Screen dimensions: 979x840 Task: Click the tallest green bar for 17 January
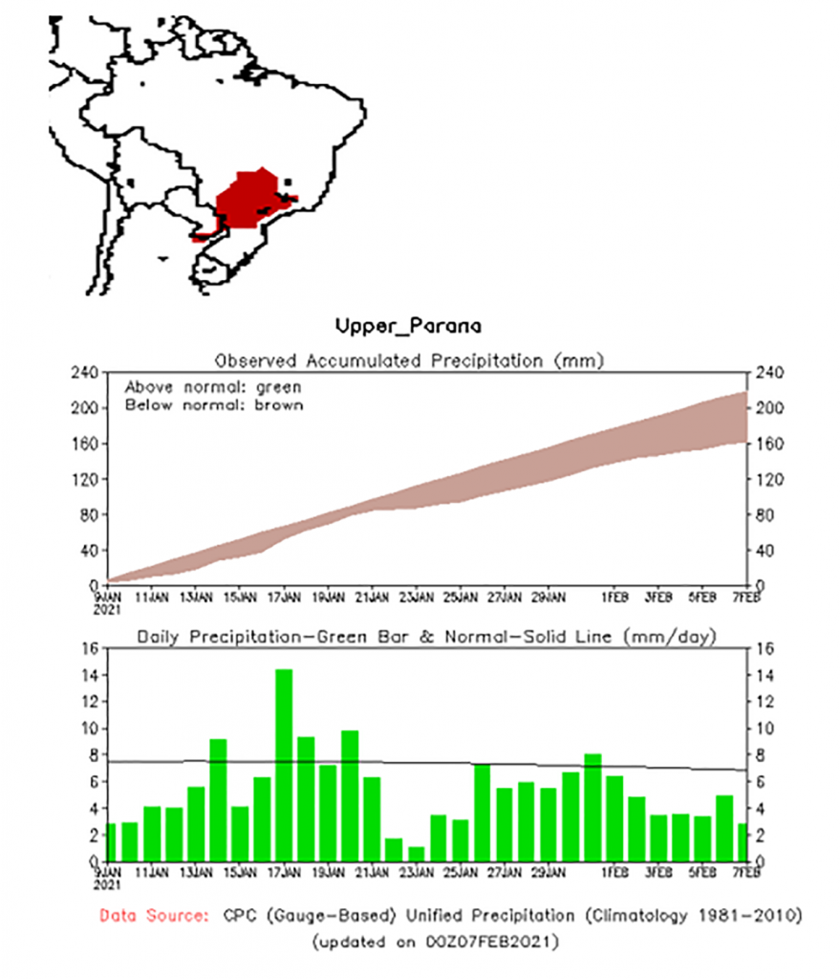tap(284, 765)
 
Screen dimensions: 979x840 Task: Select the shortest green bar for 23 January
tap(416, 854)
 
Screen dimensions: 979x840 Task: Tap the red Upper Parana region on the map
tap(246, 199)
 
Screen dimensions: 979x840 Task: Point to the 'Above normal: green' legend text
tap(213, 387)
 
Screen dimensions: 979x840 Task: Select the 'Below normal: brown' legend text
tap(213, 404)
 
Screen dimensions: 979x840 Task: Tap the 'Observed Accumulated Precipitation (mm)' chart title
tap(411, 360)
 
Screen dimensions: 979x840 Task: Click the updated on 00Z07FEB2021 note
tap(435, 941)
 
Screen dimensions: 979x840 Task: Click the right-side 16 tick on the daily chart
tap(765, 648)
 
